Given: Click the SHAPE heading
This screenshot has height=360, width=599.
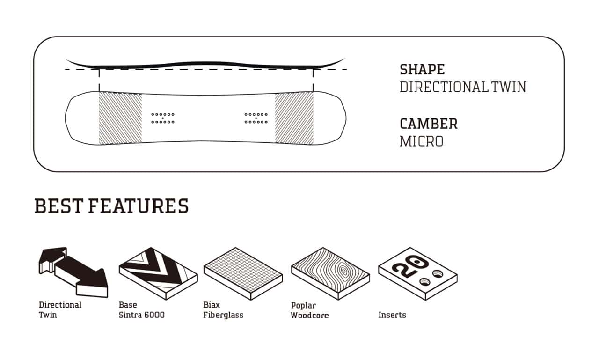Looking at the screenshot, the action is (x=422, y=70).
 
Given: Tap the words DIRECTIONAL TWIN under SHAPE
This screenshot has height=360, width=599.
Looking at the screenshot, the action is (x=463, y=87).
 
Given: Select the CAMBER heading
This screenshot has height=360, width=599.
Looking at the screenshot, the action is (x=428, y=124).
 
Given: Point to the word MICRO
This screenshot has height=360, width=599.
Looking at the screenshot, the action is (x=422, y=141).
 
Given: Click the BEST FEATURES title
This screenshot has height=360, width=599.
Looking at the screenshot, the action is (x=111, y=206).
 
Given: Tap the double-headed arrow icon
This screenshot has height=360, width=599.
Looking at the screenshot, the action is (x=73, y=272).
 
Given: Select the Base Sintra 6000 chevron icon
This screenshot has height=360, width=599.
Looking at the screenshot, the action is (x=158, y=273).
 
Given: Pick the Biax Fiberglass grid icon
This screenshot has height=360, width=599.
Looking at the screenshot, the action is (x=243, y=273).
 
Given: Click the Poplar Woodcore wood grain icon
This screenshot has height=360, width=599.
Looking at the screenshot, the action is (x=330, y=273).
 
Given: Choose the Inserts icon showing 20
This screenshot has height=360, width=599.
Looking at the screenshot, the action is (x=418, y=273).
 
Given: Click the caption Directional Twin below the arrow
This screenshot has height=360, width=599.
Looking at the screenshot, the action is (x=60, y=310).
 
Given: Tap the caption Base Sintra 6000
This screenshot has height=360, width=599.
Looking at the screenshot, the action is (x=142, y=310).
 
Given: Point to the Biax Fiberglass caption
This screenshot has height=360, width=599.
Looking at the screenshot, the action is (x=223, y=310).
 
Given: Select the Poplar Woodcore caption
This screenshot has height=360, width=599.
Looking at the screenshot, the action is (x=310, y=310).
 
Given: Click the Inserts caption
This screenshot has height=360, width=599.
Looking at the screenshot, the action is (x=392, y=315).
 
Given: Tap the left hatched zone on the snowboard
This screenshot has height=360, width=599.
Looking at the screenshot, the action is (x=120, y=118).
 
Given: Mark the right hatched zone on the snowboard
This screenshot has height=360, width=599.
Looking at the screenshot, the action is (x=294, y=118).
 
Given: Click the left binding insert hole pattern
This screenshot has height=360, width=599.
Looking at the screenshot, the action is (x=163, y=118).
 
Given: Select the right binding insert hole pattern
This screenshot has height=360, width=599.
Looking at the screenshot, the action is (x=256, y=118).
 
